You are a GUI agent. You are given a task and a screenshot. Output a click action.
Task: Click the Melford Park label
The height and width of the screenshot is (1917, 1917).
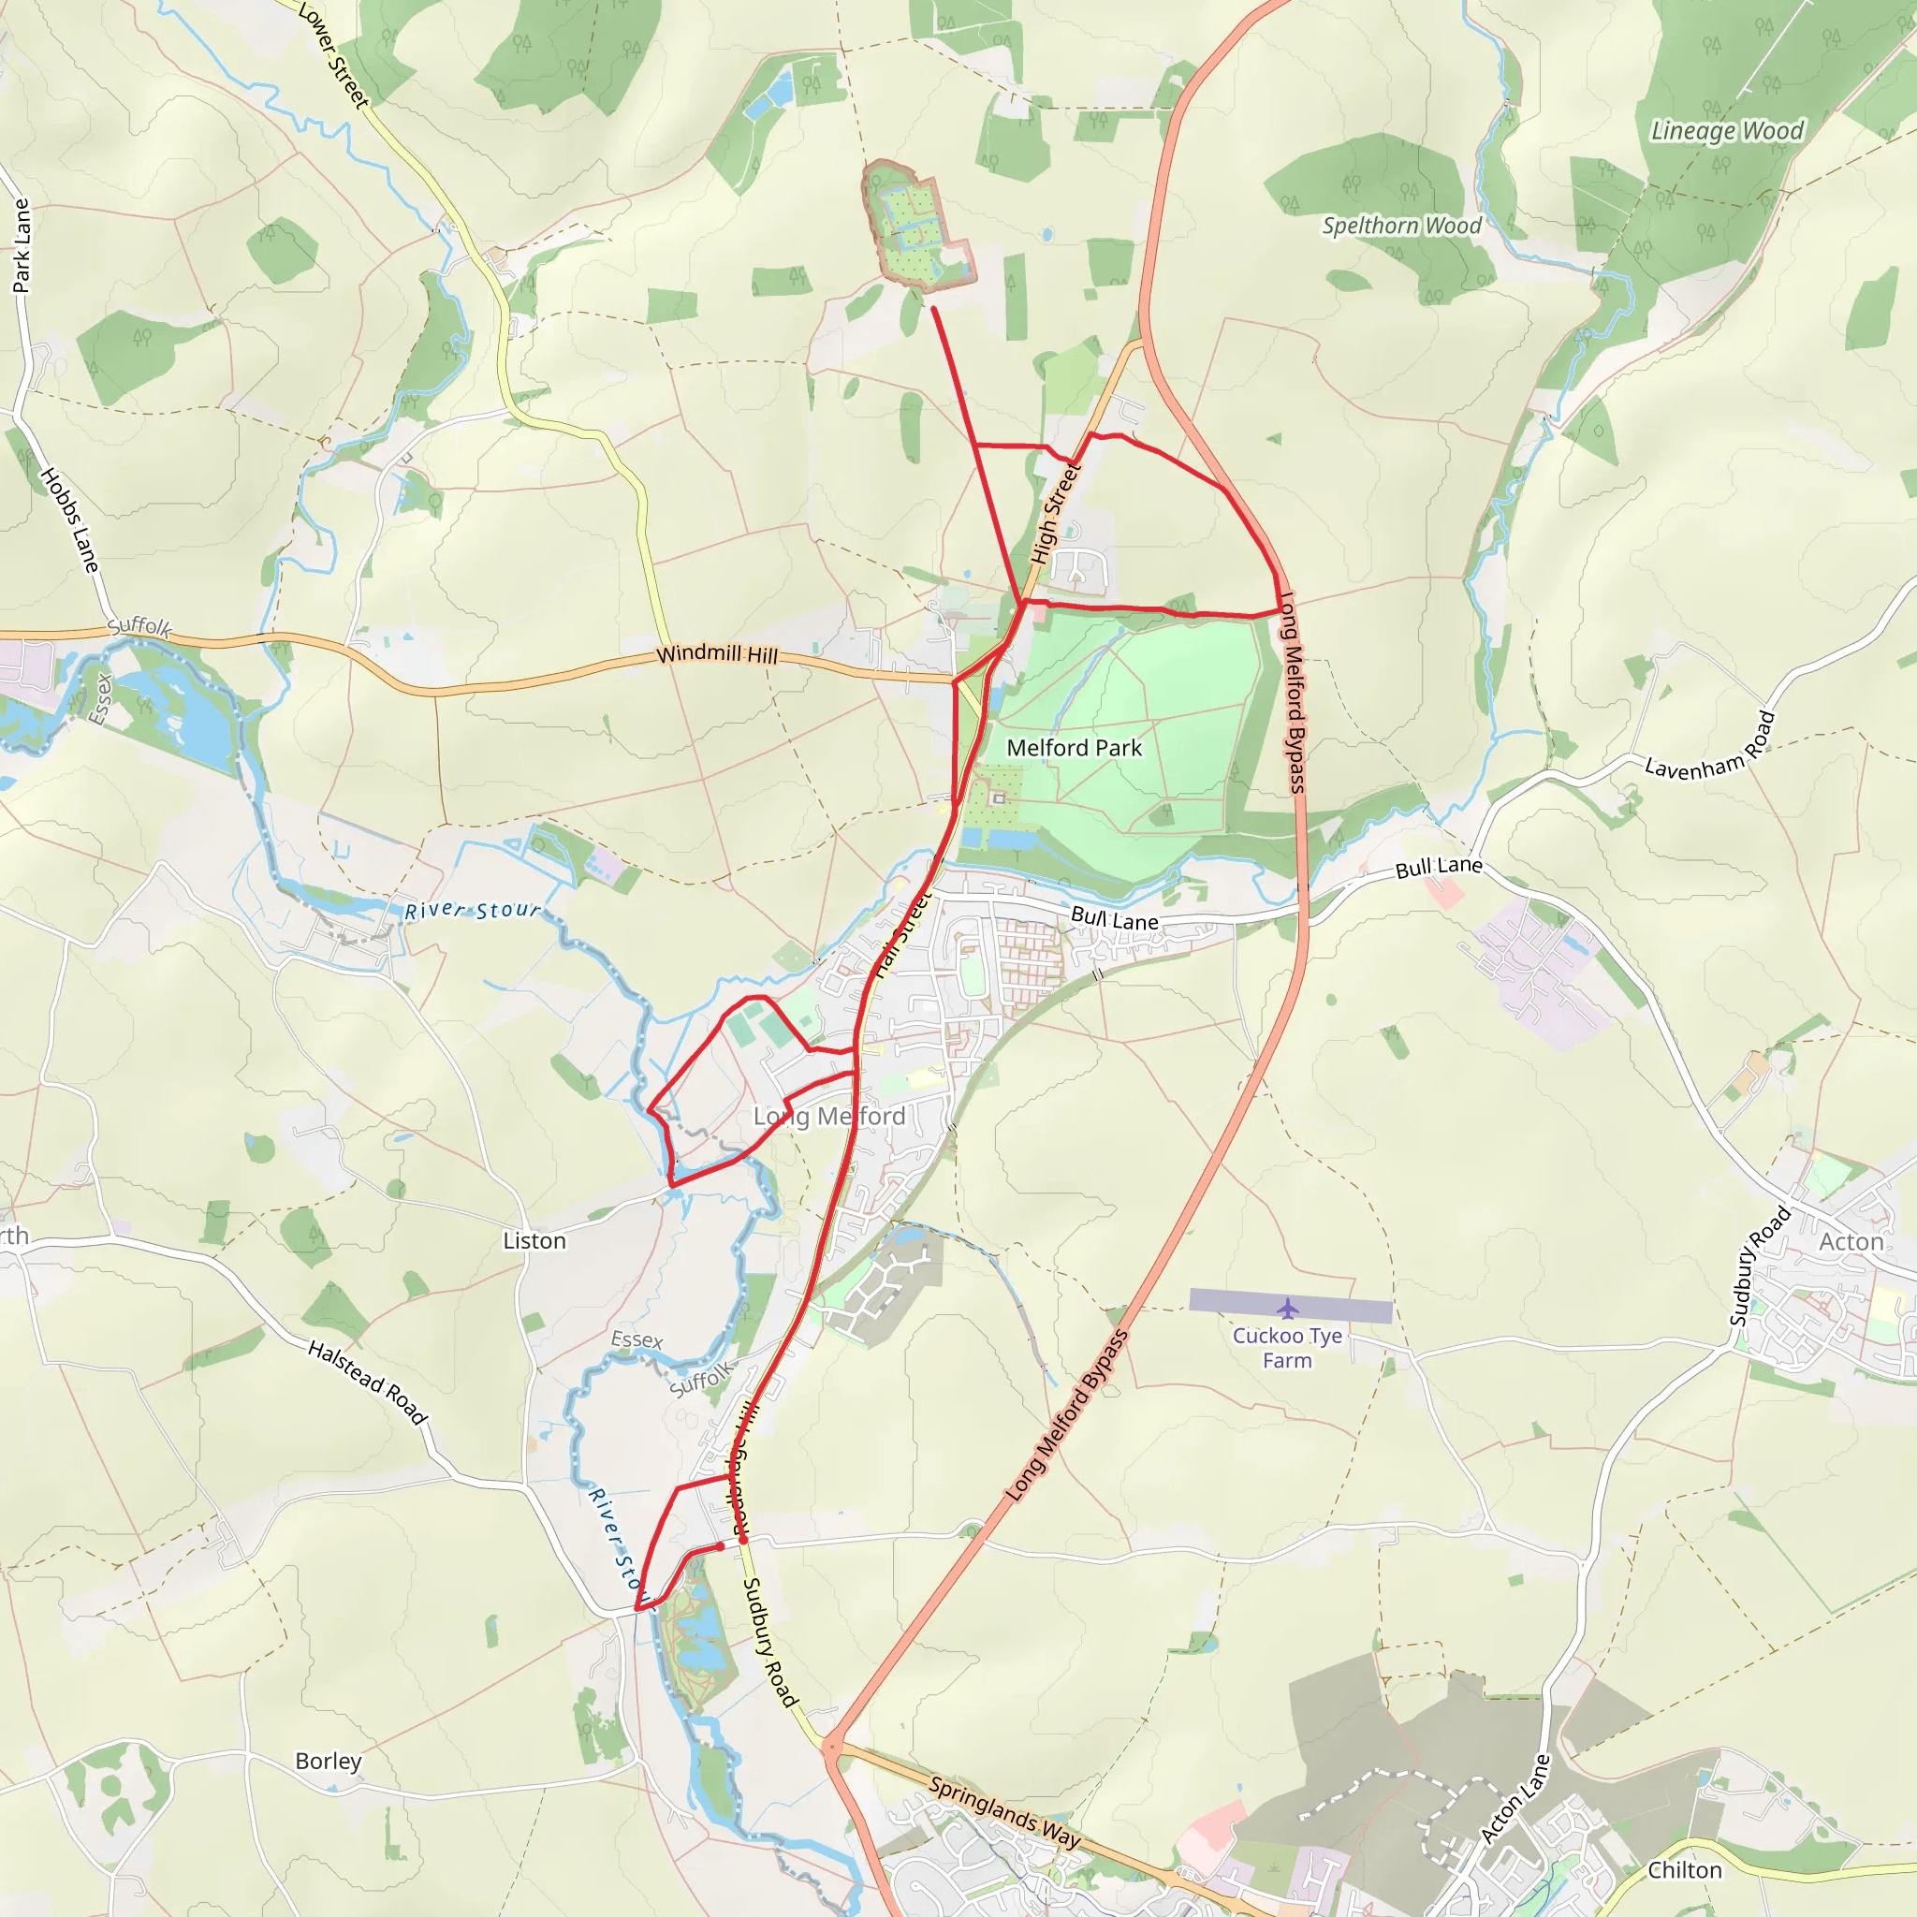(1075, 748)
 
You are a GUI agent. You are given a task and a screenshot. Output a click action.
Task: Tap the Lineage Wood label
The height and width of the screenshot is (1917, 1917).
(1726, 131)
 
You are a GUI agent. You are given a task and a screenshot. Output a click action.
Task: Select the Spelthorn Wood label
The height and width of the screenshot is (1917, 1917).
(1401, 227)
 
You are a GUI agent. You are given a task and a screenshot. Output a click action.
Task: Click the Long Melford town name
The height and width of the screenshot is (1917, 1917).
(829, 1117)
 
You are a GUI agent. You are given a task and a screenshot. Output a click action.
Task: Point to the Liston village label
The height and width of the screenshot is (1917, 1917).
(534, 1240)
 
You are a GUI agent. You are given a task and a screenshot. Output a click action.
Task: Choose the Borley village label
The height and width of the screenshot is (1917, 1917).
(329, 1761)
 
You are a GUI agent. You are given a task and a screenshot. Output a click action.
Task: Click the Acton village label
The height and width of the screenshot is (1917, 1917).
(1851, 1241)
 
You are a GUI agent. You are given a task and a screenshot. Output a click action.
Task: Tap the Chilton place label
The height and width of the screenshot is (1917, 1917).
(1685, 1869)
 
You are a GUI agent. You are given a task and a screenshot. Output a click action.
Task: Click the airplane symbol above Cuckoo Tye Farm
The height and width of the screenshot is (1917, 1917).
(1288, 1309)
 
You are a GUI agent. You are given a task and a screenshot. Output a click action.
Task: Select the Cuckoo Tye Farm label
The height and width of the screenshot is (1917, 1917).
(1287, 1348)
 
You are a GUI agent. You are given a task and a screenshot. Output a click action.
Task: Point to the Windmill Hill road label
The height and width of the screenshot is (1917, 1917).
(717, 654)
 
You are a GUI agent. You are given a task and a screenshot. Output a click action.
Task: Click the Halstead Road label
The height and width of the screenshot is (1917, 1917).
(367, 1383)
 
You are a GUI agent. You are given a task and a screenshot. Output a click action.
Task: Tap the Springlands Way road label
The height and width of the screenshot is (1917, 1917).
(1004, 1812)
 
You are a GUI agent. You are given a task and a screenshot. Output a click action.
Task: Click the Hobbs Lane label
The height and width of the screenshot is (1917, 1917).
(70, 519)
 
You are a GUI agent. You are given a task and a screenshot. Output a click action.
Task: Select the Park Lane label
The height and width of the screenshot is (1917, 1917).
(21, 245)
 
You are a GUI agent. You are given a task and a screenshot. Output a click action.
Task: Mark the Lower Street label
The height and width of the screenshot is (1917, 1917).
(333, 56)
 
